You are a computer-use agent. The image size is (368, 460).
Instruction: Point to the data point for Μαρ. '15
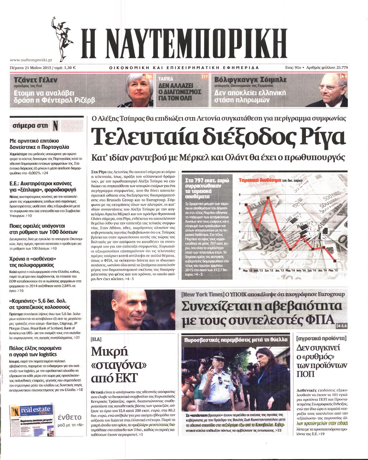point(335,261)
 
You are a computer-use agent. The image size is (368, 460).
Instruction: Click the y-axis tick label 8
point(240,195)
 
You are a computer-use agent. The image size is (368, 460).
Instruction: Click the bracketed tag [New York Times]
point(202,294)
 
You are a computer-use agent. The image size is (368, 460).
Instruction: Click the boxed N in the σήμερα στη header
point(55,126)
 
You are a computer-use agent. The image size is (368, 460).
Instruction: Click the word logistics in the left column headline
point(48,354)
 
